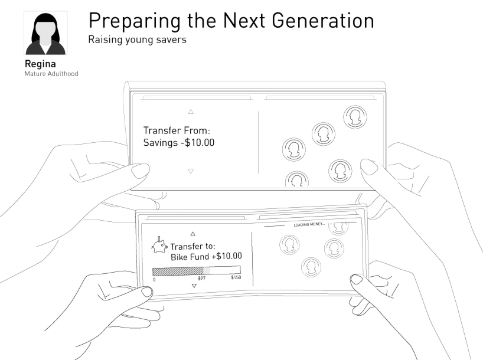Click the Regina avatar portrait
pyautogui.click(x=45, y=33)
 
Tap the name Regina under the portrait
pyautogui.click(x=40, y=64)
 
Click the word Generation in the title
pyautogui.click(x=323, y=21)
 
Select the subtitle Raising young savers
pyautogui.click(x=137, y=40)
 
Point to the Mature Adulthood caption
pyautogui.click(x=51, y=74)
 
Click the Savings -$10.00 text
pyautogui.click(x=179, y=143)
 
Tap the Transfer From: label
pyautogui.click(x=177, y=130)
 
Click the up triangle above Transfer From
pyautogui.click(x=191, y=112)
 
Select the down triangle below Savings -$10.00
pyautogui.click(x=191, y=171)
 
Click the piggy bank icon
pyautogui.click(x=159, y=246)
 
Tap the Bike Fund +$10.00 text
pyautogui.click(x=206, y=257)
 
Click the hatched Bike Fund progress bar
pyautogui.click(x=197, y=271)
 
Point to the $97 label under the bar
pyautogui.click(x=201, y=279)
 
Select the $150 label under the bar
pyautogui.click(x=236, y=277)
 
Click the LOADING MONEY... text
pyautogui.click(x=309, y=224)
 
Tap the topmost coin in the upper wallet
pyautogui.click(x=355, y=117)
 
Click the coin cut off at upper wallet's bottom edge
pyautogui.click(x=297, y=179)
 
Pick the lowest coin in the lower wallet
pyautogui.click(x=311, y=267)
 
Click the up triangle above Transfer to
pyautogui.click(x=193, y=234)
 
